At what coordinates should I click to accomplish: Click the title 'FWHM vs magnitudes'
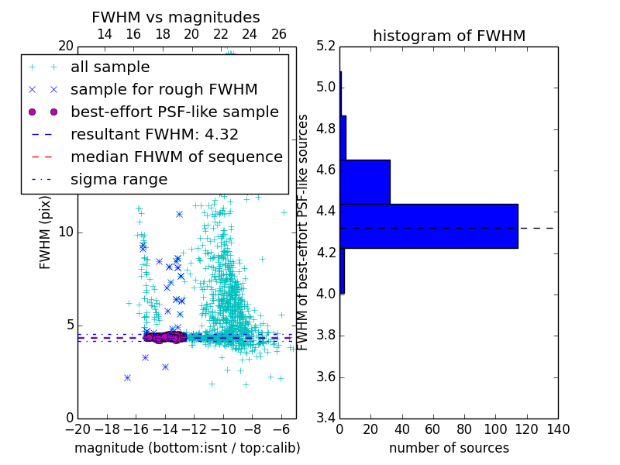click(x=176, y=17)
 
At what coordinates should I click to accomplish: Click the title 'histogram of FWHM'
click(x=449, y=36)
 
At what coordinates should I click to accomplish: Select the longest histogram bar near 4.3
click(x=429, y=226)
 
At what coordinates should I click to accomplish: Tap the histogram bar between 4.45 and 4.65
click(x=365, y=182)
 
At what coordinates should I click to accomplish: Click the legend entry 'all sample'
click(x=110, y=67)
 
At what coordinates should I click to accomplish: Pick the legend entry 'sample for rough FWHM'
click(x=164, y=90)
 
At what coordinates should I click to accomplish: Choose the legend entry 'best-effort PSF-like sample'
click(x=174, y=112)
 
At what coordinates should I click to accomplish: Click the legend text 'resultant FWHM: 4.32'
click(x=154, y=135)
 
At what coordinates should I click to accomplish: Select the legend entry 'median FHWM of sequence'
click(x=176, y=157)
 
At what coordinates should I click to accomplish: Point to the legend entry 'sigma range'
click(x=119, y=180)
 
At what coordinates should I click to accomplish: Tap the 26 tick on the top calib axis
click(x=279, y=34)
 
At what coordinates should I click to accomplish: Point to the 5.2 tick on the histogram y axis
click(x=325, y=46)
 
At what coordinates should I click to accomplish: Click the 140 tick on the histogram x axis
click(x=558, y=430)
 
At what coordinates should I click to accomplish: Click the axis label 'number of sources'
click(x=449, y=448)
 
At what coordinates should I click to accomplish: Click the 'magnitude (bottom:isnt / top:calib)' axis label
click(x=187, y=448)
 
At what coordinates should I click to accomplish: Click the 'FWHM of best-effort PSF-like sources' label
click(x=303, y=232)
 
